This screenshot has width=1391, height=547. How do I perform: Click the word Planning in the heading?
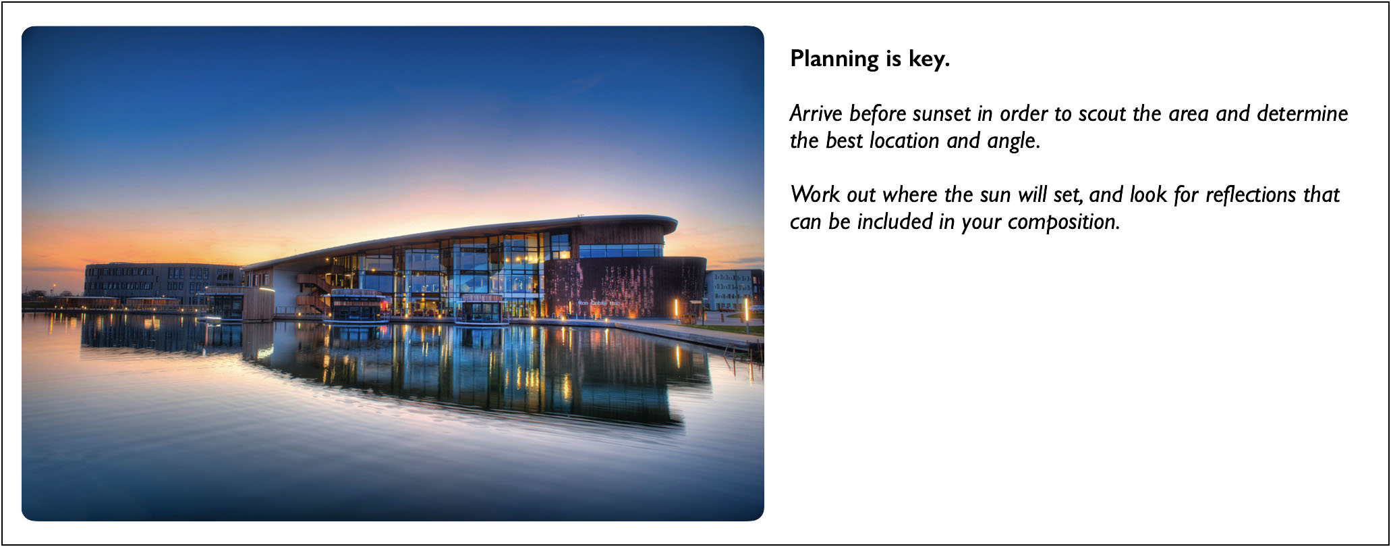click(x=834, y=59)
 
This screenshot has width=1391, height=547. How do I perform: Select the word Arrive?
click(x=816, y=113)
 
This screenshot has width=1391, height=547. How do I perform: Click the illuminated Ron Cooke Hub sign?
click(x=598, y=303)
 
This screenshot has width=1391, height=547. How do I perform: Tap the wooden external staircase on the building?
click(x=314, y=290)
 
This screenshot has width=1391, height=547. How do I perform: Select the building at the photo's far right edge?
click(x=734, y=288)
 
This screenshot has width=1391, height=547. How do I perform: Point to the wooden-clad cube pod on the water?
click(x=258, y=303)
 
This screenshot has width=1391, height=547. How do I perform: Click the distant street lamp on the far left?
click(x=53, y=286)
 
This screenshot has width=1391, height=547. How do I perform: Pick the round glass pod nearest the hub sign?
click(x=481, y=310)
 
